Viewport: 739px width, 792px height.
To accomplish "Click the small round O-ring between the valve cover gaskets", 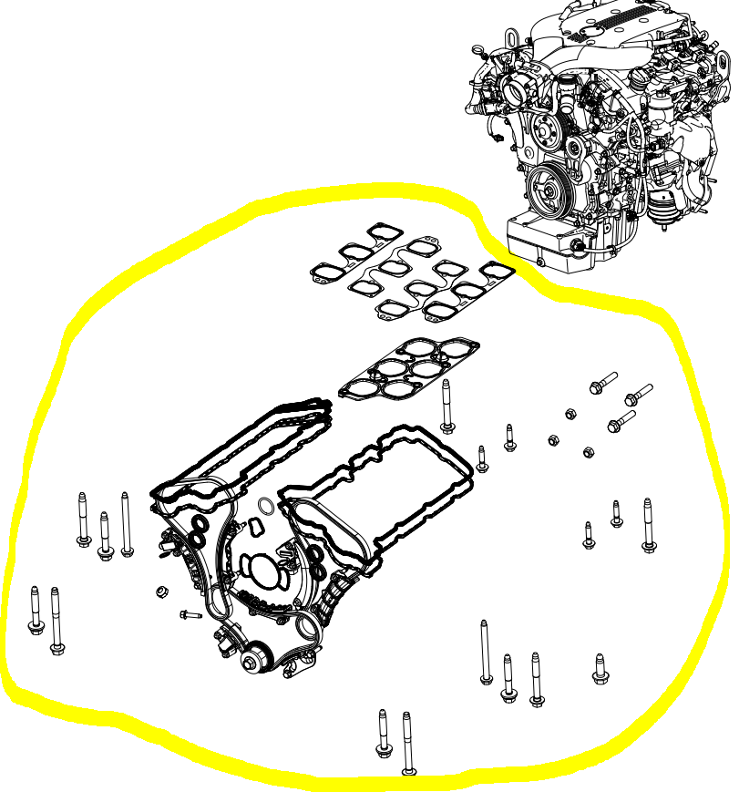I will (265, 506).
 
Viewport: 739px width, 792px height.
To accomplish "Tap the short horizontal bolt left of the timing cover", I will (190, 615).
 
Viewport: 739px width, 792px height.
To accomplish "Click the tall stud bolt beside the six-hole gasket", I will (446, 406).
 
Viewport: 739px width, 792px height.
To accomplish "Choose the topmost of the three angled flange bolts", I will (603, 382).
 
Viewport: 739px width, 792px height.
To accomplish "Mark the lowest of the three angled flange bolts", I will (621, 421).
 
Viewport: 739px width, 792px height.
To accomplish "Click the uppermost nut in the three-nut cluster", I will (570, 414).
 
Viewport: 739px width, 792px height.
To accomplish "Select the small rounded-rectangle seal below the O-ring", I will (253, 527).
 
